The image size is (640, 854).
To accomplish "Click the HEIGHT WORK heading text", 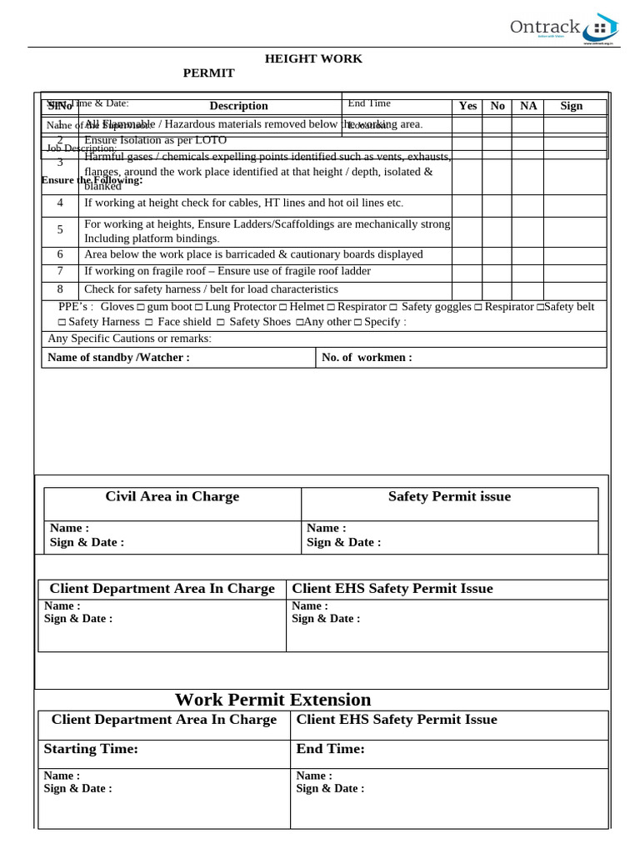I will [313, 58].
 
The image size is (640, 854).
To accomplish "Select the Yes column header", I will [468, 106].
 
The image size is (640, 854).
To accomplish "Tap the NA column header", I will [528, 106].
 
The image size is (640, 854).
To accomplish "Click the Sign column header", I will [572, 106].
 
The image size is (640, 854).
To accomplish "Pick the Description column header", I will [238, 106].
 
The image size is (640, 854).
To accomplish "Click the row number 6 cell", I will [60, 254].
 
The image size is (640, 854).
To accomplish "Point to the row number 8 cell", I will [60, 289].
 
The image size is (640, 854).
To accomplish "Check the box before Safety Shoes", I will [221, 323].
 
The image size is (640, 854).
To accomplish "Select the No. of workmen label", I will [367, 358].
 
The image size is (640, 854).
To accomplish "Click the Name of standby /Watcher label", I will [118, 358].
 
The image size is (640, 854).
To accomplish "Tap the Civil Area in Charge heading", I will [172, 496].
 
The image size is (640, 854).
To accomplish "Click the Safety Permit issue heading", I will [449, 496].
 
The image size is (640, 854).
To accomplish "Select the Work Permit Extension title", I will [272, 700].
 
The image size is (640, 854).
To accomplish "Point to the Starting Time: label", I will [91, 749].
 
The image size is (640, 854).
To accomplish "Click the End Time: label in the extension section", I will [330, 749].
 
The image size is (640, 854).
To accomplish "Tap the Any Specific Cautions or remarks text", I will [129, 339].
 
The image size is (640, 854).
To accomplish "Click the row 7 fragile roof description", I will [227, 271].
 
